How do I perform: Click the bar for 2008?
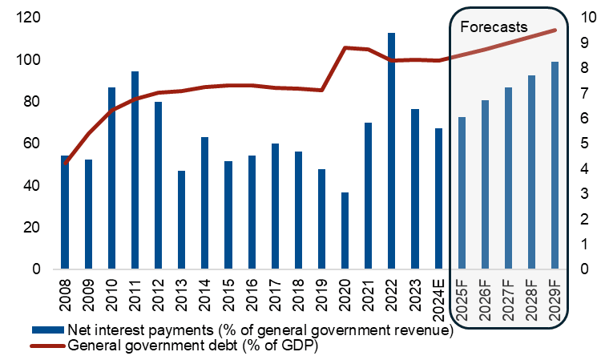(x=66, y=212)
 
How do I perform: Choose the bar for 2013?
(x=182, y=220)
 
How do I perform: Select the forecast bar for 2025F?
(x=462, y=192)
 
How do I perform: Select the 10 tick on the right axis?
(x=581, y=18)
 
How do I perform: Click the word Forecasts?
(x=494, y=26)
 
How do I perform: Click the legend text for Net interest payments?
(x=261, y=330)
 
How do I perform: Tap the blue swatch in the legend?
(x=47, y=330)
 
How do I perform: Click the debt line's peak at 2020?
(x=345, y=48)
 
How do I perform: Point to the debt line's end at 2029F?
(x=555, y=30)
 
